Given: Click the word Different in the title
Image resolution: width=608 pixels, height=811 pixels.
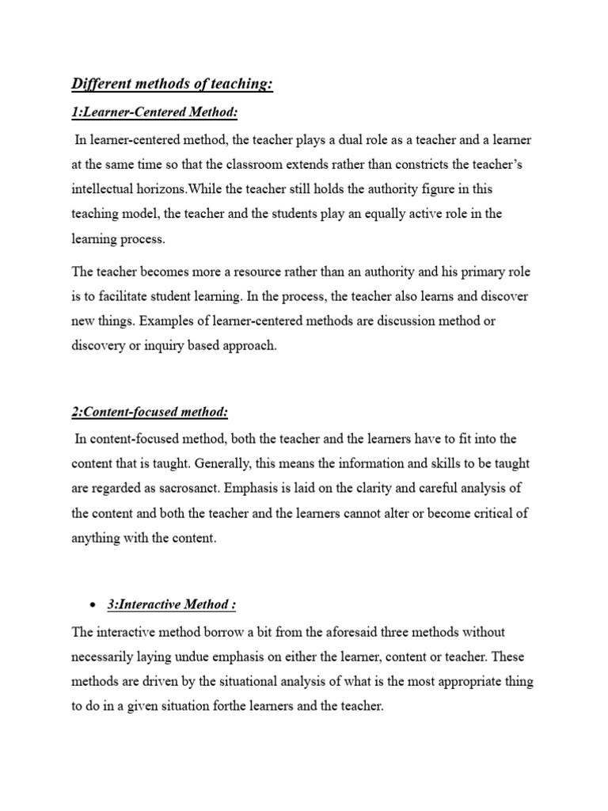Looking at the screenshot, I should tap(101, 84).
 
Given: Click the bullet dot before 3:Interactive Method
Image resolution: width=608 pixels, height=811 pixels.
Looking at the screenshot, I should tap(93, 605).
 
